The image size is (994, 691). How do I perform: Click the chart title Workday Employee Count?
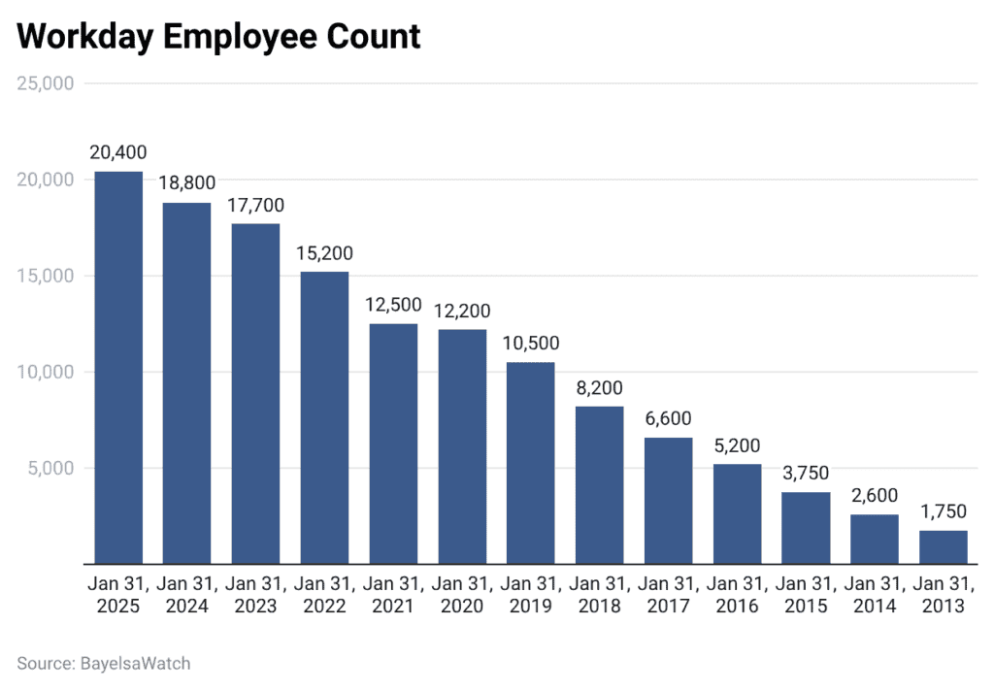[218, 36]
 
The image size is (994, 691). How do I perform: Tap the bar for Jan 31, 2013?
[944, 546]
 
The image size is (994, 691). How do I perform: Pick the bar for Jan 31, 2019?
[531, 462]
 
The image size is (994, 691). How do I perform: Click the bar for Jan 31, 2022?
[324, 417]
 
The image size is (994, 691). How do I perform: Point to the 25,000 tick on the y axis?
[46, 83]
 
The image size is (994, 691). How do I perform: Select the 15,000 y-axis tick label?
[46, 276]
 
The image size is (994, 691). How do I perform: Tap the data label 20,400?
[118, 153]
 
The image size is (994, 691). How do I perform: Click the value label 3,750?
[806, 474]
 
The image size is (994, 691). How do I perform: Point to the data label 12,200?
[462, 311]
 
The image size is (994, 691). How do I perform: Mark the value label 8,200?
[600, 388]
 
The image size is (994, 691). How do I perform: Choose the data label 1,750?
[944, 512]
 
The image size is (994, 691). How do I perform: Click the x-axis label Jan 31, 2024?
[187, 594]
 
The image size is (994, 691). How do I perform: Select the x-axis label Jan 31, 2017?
[669, 594]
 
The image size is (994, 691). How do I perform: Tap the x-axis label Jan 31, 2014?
[875, 594]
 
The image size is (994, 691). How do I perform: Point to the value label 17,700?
[255, 206]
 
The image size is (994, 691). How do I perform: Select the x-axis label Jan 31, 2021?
[393, 594]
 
